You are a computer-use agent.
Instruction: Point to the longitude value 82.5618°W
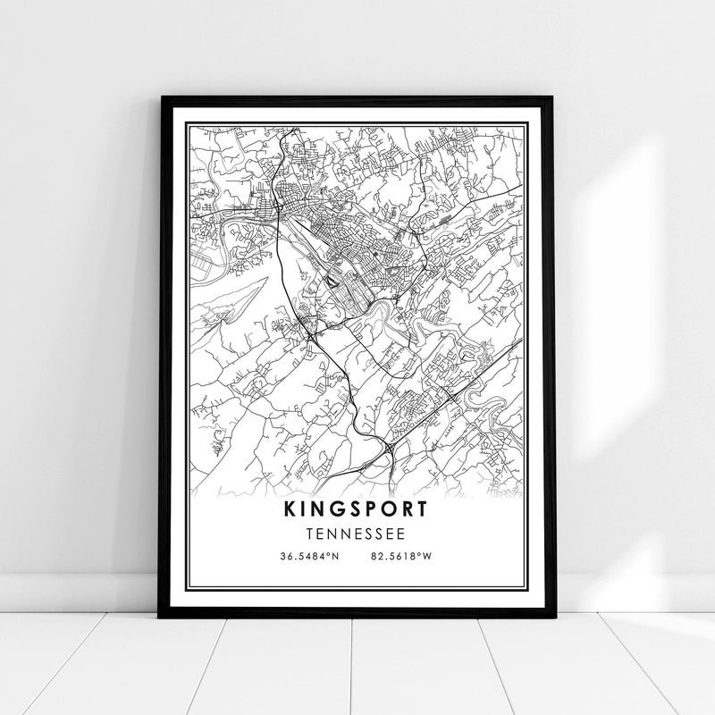coord(400,556)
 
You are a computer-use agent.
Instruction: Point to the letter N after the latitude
coord(336,556)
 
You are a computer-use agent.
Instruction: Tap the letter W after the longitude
coord(428,556)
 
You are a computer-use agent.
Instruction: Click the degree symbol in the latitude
coord(330,554)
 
